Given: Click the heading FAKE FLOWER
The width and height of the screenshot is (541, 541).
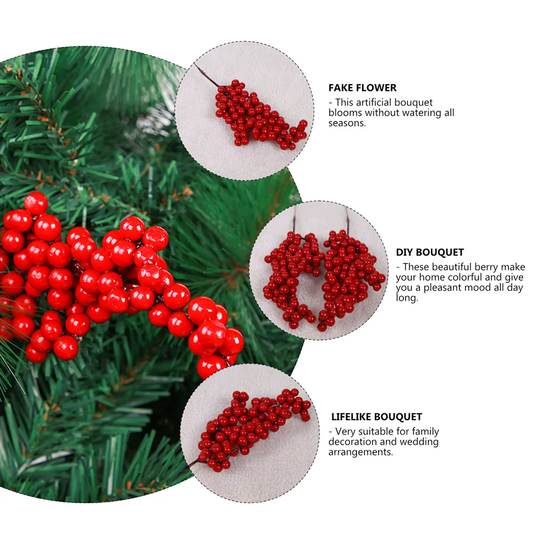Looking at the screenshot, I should click(x=362, y=87).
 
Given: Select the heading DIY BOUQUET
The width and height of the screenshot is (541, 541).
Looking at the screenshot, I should click(x=430, y=252).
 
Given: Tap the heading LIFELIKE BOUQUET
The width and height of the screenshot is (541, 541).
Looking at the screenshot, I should click(x=377, y=417).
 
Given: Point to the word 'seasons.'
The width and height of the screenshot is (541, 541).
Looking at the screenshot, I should click(x=347, y=123).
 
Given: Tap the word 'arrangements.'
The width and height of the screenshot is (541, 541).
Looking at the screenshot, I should click(x=361, y=452).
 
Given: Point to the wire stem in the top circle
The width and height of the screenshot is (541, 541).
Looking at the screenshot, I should click(x=207, y=75).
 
